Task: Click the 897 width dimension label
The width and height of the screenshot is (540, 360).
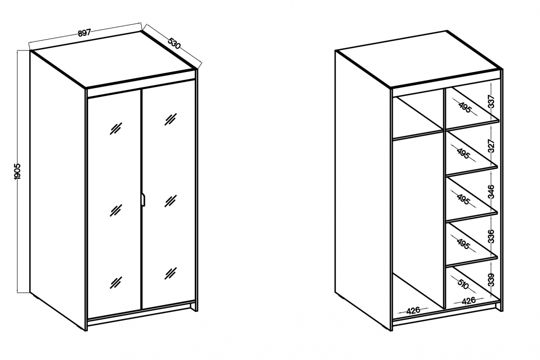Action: pyautogui.click(x=84, y=32)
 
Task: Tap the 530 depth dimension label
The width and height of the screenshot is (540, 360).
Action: pyautogui.click(x=174, y=43)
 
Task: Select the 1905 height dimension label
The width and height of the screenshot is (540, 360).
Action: pyautogui.click(x=18, y=171)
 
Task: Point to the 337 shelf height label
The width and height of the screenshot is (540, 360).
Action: pyautogui.click(x=491, y=102)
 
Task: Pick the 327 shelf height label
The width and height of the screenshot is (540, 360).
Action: pyautogui.click(x=491, y=146)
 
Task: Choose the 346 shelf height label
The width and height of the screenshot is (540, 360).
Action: pyautogui.click(x=491, y=192)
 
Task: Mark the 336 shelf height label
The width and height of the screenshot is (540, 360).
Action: pyautogui.click(x=491, y=236)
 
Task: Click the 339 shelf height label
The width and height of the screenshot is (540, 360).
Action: pyautogui.click(x=491, y=280)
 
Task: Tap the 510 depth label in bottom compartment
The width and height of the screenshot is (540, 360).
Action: pyautogui.click(x=463, y=284)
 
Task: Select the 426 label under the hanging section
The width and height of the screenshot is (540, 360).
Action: pyautogui.click(x=413, y=310)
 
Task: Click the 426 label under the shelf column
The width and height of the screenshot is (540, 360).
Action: pyautogui.click(x=468, y=301)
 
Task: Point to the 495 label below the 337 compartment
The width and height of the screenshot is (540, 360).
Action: pyautogui.click(x=465, y=107)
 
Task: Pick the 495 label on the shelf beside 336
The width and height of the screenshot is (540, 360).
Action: pyautogui.click(x=463, y=244)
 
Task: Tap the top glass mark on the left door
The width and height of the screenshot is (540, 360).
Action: pyautogui.click(x=116, y=129)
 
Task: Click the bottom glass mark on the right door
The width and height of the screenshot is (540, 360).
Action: pyautogui.click(x=171, y=274)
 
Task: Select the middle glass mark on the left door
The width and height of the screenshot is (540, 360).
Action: pyautogui.click(x=116, y=210)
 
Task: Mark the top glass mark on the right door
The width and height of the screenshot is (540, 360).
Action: pyautogui.click(x=171, y=119)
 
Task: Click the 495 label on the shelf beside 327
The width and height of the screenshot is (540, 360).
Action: pyautogui.click(x=463, y=153)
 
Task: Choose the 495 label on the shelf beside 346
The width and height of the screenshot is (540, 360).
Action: pyautogui.click(x=463, y=199)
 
